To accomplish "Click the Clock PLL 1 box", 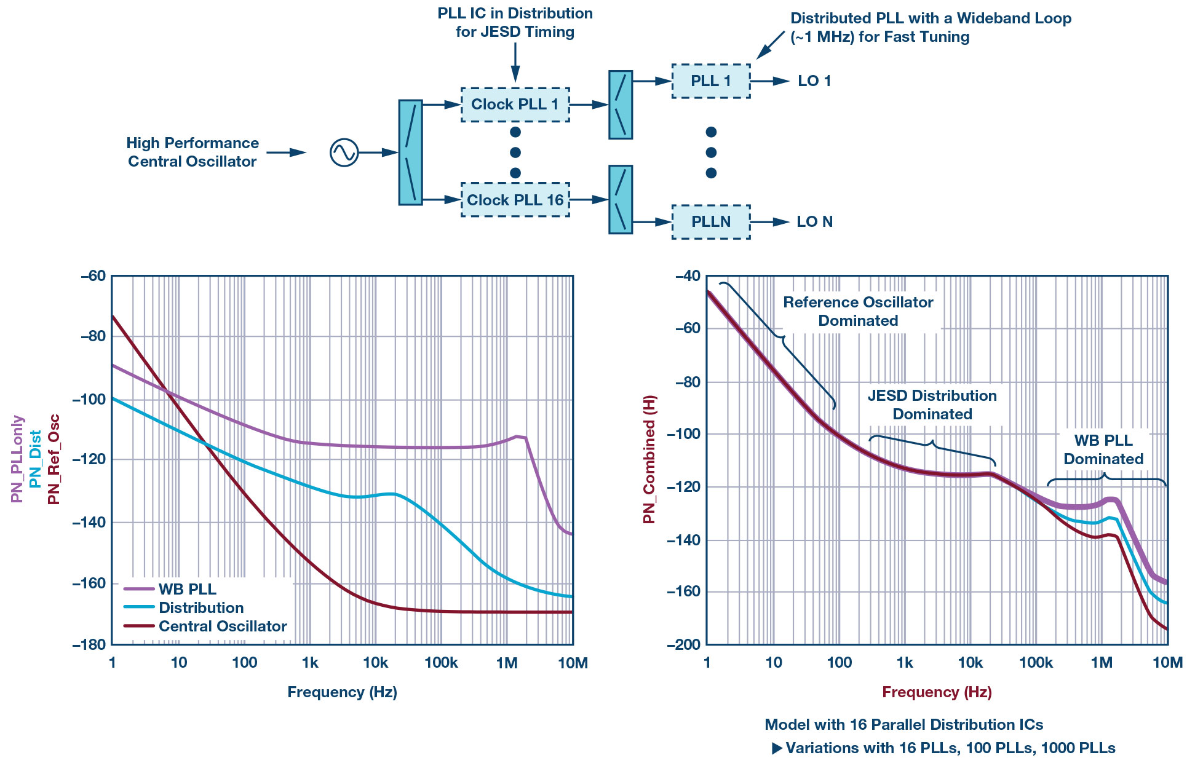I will point(515,105).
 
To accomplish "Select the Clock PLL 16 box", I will point(515,200).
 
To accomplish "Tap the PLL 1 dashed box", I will point(710,81).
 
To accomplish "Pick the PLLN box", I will point(710,222).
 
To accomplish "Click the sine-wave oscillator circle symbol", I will point(344,152).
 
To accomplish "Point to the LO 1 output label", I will point(814,81).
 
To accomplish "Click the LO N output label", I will point(814,222).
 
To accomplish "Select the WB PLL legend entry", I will point(187,589).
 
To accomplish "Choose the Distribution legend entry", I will point(200,607).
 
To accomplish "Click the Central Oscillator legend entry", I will point(222,626).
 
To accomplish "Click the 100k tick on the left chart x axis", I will point(441,663).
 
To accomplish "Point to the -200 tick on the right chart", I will point(683,644).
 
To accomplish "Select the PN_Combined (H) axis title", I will point(649,459).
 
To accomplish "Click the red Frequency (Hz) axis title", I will point(937,692).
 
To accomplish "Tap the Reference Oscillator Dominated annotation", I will point(857,311).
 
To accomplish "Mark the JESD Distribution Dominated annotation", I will point(932,405).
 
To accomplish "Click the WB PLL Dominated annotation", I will point(1103,449).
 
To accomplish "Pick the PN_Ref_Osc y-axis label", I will point(54,459).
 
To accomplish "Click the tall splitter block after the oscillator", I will point(410,152).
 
